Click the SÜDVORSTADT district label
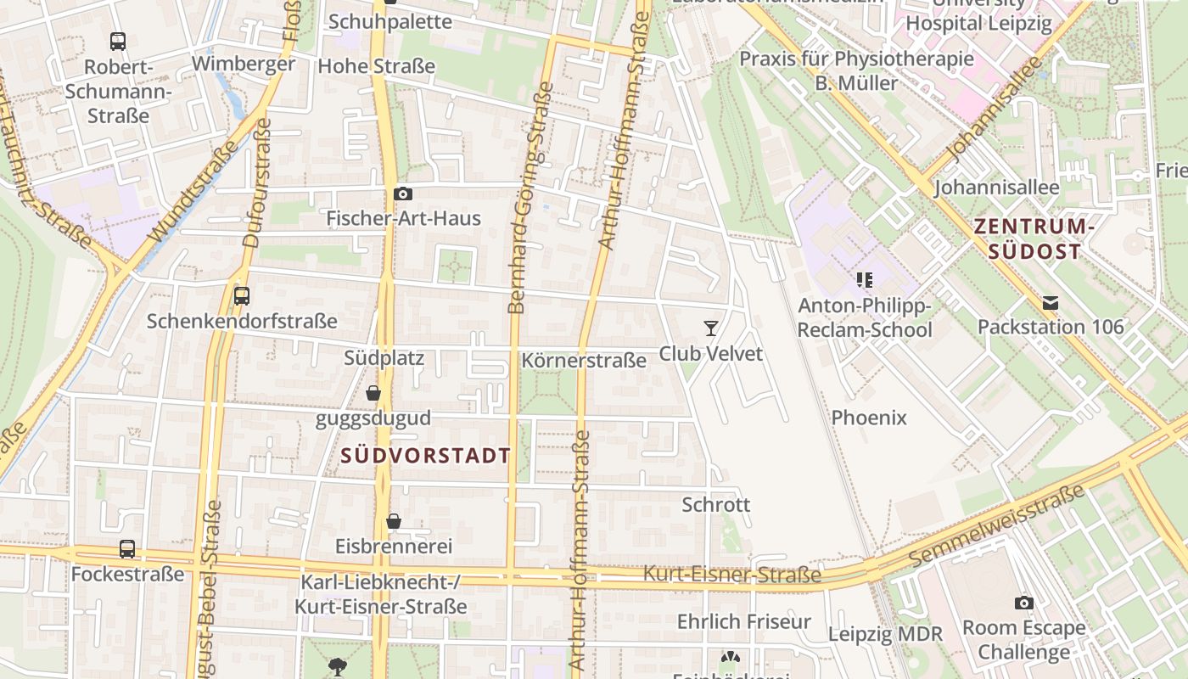pyautogui.click(x=425, y=456)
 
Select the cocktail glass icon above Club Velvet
pyautogui.click(x=711, y=328)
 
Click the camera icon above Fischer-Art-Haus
pyautogui.click(x=403, y=194)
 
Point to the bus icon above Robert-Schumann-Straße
pyautogui.click(x=118, y=41)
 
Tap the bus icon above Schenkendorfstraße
pyautogui.click(x=242, y=296)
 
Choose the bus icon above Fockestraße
pyautogui.click(x=127, y=549)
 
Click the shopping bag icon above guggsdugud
pyautogui.click(x=373, y=393)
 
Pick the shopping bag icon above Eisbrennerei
pyautogui.click(x=393, y=520)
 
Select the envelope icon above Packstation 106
pyautogui.click(x=1051, y=302)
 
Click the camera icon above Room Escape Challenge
pyautogui.click(x=1023, y=603)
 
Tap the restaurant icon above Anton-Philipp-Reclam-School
pyautogui.click(x=865, y=279)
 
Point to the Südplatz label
pyautogui.click(x=384, y=358)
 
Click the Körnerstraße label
pyautogui.click(x=584, y=361)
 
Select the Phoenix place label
pyautogui.click(x=869, y=418)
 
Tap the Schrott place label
pyautogui.click(x=716, y=505)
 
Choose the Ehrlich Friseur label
pyautogui.click(x=744, y=622)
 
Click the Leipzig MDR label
pyautogui.click(x=885, y=634)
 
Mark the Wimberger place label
pyautogui.click(x=244, y=64)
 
